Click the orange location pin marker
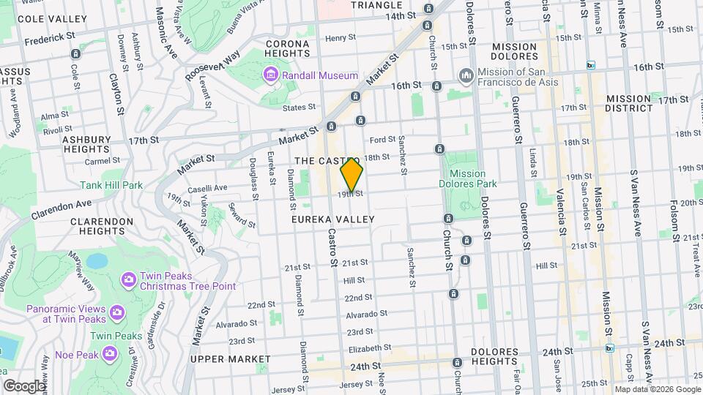tap(351, 176)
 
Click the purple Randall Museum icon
tap(270, 75)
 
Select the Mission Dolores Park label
tap(467, 178)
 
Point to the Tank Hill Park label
tap(111, 185)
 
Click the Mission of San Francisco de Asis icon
tap(466, 76)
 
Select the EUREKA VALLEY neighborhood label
tap(332, 219)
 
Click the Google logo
tap(23, 385)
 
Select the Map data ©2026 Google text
tap(657, 389)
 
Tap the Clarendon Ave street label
tap(61, 209)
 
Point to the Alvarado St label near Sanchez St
tap(367, 314)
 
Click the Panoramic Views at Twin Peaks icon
tap(116, 315)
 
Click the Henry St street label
tap(335, 38)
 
